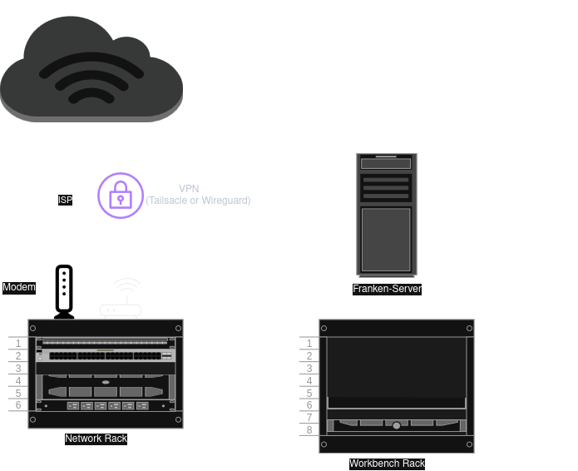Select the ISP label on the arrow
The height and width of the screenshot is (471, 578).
(x=65, y=200)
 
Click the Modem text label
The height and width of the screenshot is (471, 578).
(x=19, y=287)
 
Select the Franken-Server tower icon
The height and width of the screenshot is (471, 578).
(x=387, y=215)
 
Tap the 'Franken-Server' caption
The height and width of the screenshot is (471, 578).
(x=387, y=289)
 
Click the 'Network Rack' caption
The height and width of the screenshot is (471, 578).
(x=96, y=439)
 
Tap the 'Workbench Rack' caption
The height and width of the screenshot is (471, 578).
(x=387, y=464)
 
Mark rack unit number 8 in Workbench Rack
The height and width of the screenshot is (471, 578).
(x=309, y=430)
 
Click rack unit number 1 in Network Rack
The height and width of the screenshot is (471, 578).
(x=17, y=343)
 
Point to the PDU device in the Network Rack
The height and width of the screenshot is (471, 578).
(x=105, y=405)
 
